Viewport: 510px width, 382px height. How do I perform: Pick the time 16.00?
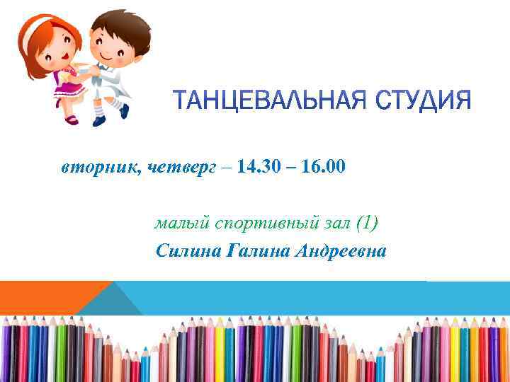[x=323, y=167]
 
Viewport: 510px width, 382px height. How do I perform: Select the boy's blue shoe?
[x=125, y=110]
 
